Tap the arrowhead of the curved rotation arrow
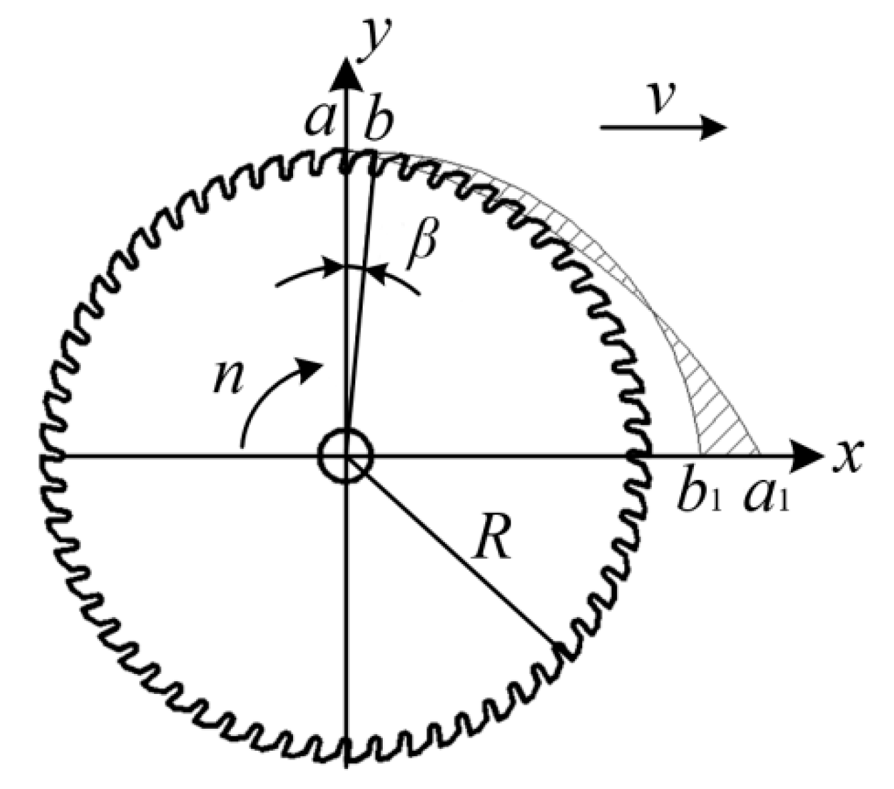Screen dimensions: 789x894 pyautogui.click(x=312, y=367)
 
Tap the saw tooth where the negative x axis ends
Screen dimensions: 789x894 pyautogui.click(x=51, y=457)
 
